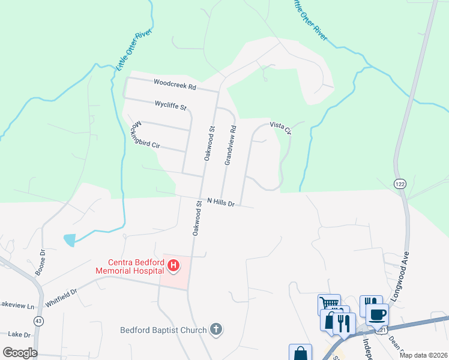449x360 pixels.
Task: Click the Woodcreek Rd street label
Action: click(175, 86)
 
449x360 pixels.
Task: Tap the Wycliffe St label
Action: click(171, 106)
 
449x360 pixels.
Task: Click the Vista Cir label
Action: click(280, 127)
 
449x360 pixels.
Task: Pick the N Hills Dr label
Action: click(220, 202)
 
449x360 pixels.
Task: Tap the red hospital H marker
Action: click(173, 265)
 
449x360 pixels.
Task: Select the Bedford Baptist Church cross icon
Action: click(217, 329)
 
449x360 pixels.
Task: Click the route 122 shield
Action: click(400, 183)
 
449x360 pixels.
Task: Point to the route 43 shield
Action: click(39, 321)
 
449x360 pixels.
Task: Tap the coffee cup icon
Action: click(376, 314)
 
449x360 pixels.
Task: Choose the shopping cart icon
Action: click(329, 304)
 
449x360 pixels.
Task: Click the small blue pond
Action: click(69, 240)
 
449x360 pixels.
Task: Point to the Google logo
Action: click(20, 353)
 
